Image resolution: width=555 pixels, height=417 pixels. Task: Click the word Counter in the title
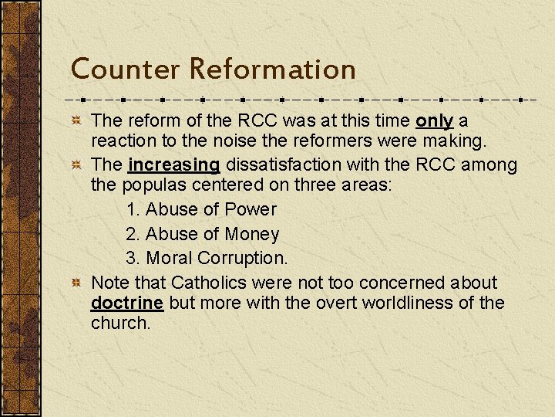(x=126, y=69)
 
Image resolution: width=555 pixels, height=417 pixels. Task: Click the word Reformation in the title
(x=272, y=69)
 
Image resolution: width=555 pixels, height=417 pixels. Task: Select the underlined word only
(x=434, y=121)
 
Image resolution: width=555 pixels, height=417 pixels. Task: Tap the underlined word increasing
(x=174, y=165)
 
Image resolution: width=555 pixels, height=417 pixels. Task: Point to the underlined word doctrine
(x=126, y=303)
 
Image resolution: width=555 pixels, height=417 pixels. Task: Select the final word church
(x=120, y=323)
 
